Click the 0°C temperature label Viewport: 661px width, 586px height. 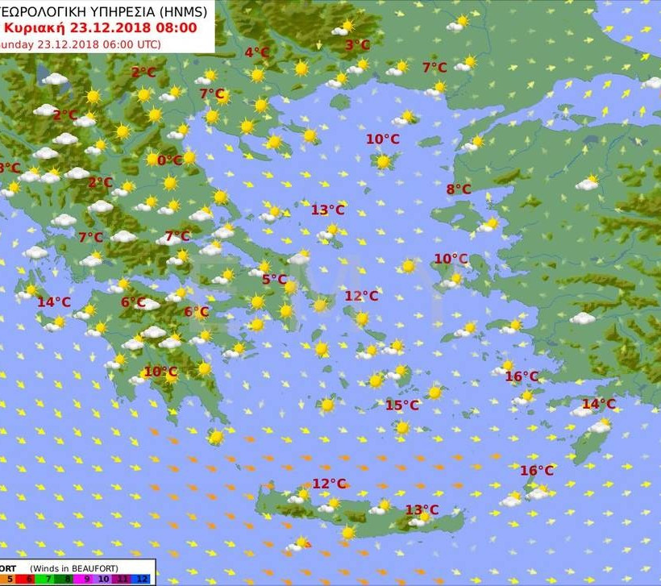click(169, 160)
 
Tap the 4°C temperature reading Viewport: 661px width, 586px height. click(256, 53)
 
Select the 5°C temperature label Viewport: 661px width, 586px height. click(274, 280)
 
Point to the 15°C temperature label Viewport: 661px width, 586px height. click(401, 405)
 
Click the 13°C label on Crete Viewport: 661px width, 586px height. click(422, 509)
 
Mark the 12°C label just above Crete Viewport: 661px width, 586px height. click(329, 484)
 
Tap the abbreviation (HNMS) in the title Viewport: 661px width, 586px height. click(181, 11)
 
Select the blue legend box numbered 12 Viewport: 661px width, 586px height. click(142, 578)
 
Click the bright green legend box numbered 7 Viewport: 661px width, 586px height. click(44, 578)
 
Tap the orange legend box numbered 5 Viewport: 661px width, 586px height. click(9, 578)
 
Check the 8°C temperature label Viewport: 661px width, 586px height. click(459, 189)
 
